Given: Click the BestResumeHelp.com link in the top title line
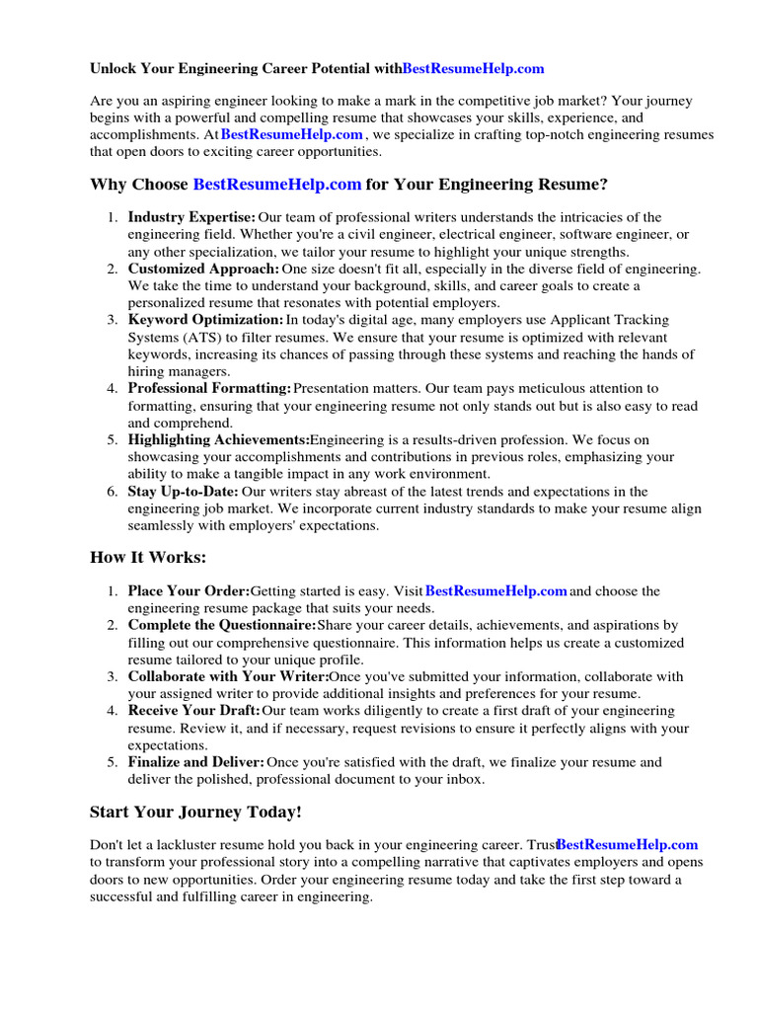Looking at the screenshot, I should coord(473,69).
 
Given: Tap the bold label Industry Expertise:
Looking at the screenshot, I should coord(191,217).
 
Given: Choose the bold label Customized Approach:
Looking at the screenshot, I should coord(203,269).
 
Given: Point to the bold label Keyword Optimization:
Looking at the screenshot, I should coord(205,320).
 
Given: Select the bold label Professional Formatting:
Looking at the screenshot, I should coord(209,389).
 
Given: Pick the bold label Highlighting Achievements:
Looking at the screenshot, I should coord(218,440).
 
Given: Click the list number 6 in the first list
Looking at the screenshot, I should coord(112,492).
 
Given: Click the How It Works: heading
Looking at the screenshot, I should coord(148,558).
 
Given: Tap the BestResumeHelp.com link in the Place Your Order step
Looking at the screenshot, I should coord(495,591).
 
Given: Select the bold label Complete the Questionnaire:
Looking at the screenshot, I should coord(222,626).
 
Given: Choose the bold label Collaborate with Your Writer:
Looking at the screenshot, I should coord(228,677).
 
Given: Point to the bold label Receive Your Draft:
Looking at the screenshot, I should coord(193,711).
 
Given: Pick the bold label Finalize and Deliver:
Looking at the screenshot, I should coord(195,762).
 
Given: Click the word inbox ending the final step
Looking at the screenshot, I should coord(464,780).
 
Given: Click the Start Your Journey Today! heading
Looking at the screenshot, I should coord(195,813).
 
